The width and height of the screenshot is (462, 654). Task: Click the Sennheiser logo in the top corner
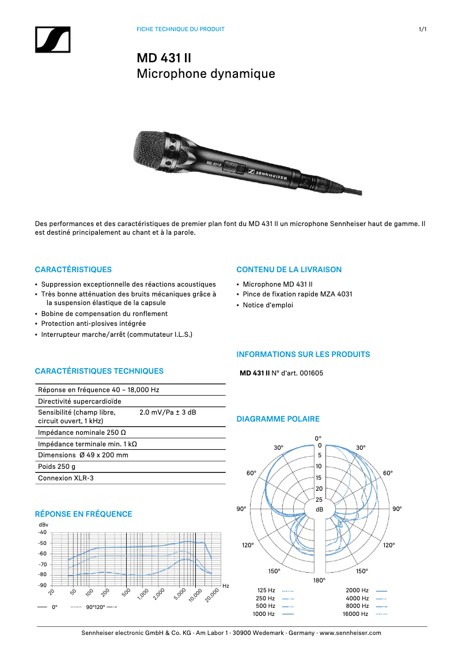[52, 40]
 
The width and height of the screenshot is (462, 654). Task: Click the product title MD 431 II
[164, 58]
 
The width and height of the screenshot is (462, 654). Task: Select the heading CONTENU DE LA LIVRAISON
[289, 269]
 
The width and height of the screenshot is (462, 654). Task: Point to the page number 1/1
[422, 29]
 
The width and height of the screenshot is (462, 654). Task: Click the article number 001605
[312, 373]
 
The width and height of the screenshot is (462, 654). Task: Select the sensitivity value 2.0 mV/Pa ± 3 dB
[168, 412]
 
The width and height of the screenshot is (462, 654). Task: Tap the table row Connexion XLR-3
[65, 478]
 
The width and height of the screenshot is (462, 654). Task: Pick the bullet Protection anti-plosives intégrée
[93, 324]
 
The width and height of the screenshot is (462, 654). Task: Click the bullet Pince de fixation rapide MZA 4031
[297, 294]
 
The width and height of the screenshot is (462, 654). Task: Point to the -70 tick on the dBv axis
[42, 564]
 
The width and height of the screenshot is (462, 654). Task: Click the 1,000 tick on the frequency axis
[144, 594]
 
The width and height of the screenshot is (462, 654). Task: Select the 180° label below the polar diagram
[319, 580]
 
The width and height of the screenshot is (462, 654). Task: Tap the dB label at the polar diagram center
[319, 510]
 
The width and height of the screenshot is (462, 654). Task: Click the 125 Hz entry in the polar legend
[266, 591]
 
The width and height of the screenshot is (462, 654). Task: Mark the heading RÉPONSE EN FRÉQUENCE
[84, 514]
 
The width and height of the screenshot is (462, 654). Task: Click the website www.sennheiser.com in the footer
[350, 633]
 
